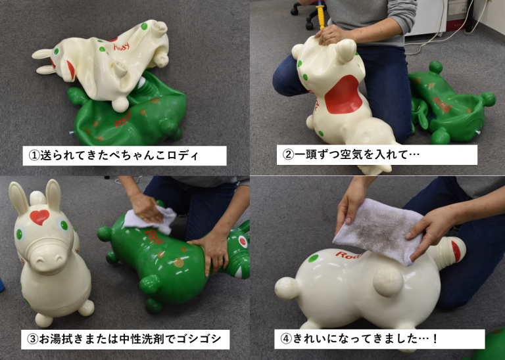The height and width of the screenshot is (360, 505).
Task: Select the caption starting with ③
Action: coord(125,340)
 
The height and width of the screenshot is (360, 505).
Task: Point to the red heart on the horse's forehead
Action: coord(39,216)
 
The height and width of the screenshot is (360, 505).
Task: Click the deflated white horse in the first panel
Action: coord(105,59)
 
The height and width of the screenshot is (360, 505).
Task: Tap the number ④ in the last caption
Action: coord(286,340)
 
